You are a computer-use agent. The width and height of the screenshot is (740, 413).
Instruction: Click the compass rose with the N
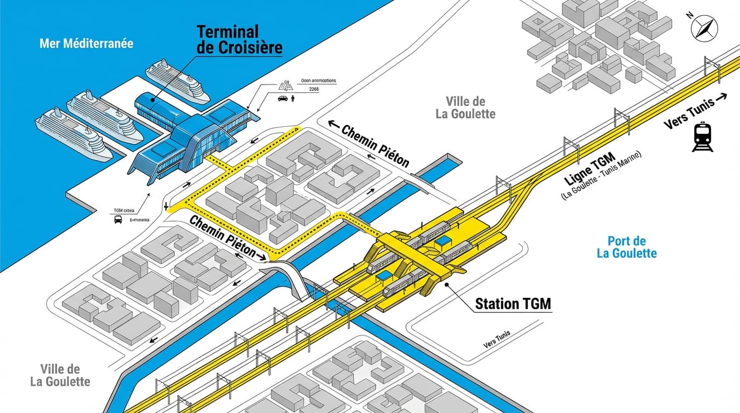(x=705, y=27)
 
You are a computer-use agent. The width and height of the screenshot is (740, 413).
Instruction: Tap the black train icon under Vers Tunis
(x=702, y=138)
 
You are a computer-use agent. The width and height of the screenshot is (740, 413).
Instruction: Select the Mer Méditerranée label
(x=86, y=43)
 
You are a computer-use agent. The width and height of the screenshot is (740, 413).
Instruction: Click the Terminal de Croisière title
(x=239, y=39)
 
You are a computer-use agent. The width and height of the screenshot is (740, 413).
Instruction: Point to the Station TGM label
(x=513, y=304)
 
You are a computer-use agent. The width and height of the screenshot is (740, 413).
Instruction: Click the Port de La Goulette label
(x=627, y=247)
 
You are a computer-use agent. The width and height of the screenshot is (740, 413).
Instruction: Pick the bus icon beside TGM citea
(x=118, y=219)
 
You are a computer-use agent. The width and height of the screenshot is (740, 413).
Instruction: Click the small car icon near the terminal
(x=282, y=99)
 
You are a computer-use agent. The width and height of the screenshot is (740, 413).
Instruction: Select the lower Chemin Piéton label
(x=225, y=238)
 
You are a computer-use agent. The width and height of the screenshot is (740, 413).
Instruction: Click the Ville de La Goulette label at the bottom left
(x=60, y=375)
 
